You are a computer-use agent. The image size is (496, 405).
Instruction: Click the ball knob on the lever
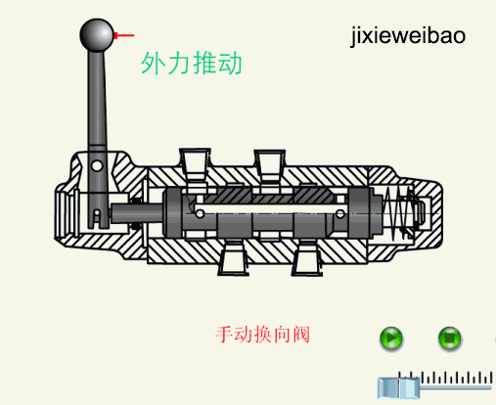(97, 35)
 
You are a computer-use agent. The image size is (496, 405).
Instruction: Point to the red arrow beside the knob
(124, 35)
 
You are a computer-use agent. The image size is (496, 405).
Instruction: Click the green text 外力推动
(192, 64)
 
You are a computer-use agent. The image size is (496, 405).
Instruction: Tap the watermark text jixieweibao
(408, 36)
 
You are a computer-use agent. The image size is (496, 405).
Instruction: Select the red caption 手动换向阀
(262, 335)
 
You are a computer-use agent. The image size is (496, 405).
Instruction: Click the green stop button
(449, 338)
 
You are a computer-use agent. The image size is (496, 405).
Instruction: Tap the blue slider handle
(398, 388)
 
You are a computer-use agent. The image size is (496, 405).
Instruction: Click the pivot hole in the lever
(97, 165)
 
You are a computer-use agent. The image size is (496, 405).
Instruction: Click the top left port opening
(195, 163)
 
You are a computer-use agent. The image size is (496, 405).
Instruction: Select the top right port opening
(270, 164)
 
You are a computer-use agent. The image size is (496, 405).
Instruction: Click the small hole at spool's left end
(200, 214)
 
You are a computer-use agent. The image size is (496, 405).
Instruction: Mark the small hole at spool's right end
(340, 214)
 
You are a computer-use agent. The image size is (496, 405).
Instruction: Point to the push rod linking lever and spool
(137, 213)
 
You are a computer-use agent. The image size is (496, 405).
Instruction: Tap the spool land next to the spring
(359, 213)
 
